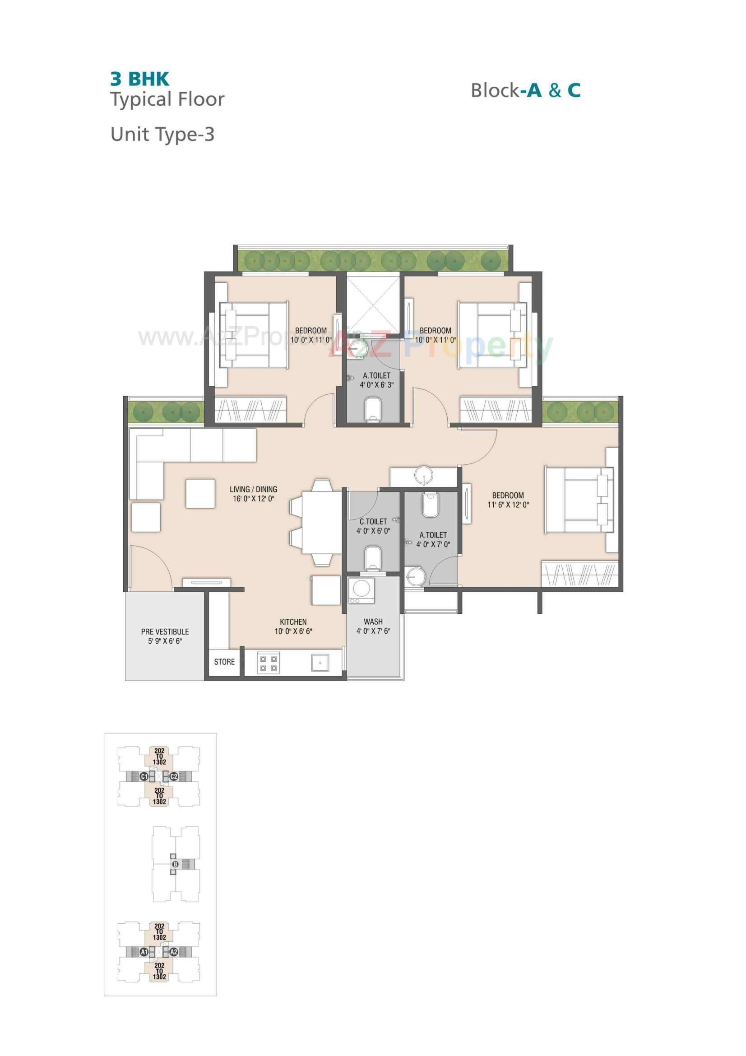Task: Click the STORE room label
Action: coord(224,662)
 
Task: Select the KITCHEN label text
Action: coord(293,622)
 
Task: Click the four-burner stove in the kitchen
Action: coord(269,664)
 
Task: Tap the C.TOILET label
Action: coord(373,522)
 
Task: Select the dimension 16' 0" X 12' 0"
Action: coord(253,499)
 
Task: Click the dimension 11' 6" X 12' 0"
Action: coord(508,505)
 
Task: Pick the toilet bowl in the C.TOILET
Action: coord(373,558)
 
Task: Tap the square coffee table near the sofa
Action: coord(200,494)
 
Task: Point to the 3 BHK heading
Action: coord(140,79)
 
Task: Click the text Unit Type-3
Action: coord(162,134)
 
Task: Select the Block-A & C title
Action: coord(525,90)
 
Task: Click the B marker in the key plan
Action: coord(175,864)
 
